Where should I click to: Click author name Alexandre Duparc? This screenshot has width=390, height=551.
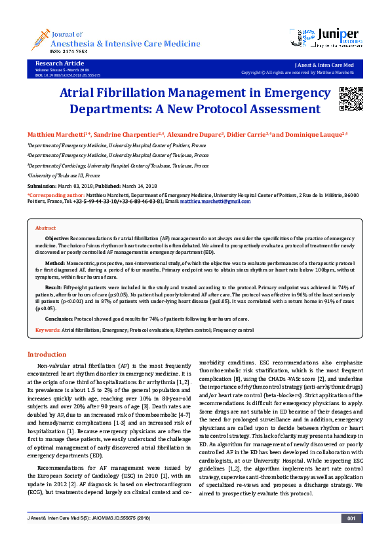pyautogui.click(x=195, y=134)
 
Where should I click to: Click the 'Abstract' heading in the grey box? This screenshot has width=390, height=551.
pyautogui.click(x=45, y=227)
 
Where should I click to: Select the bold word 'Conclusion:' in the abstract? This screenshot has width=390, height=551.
pyautogui.click(x=58, y=319)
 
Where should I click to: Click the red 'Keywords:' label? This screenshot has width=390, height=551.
pyautogui.click(x=47, y=331)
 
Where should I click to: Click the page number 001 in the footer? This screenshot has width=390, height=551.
pyautogui.click(x=351, y=537)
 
